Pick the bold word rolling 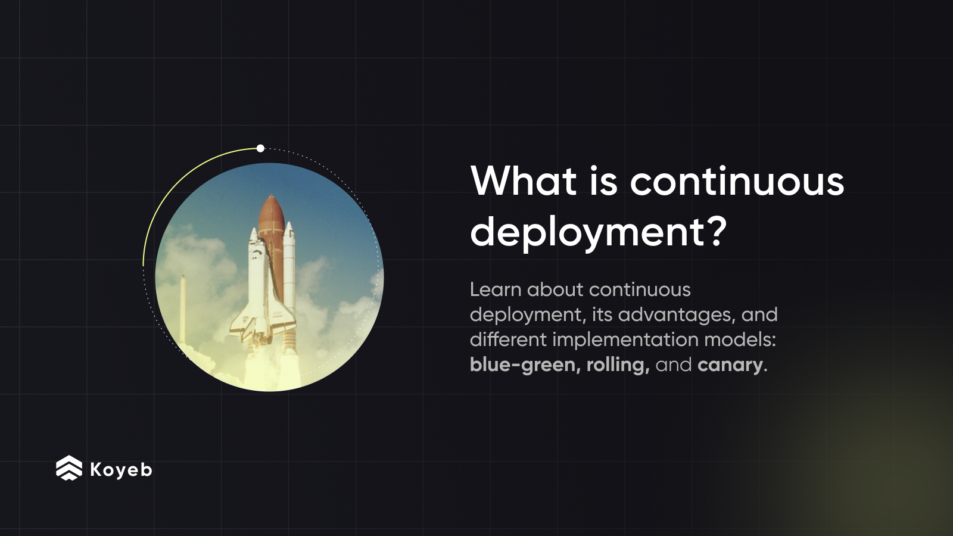[617, 364]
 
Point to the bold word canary [730, 364]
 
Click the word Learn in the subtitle [496, 289]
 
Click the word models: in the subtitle [740, 339]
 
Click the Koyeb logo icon [69, 468]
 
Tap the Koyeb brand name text [121, 470]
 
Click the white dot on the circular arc [260, 148]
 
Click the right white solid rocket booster [289, 262]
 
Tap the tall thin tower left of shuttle [183, 310]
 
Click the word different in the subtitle [508, 339]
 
